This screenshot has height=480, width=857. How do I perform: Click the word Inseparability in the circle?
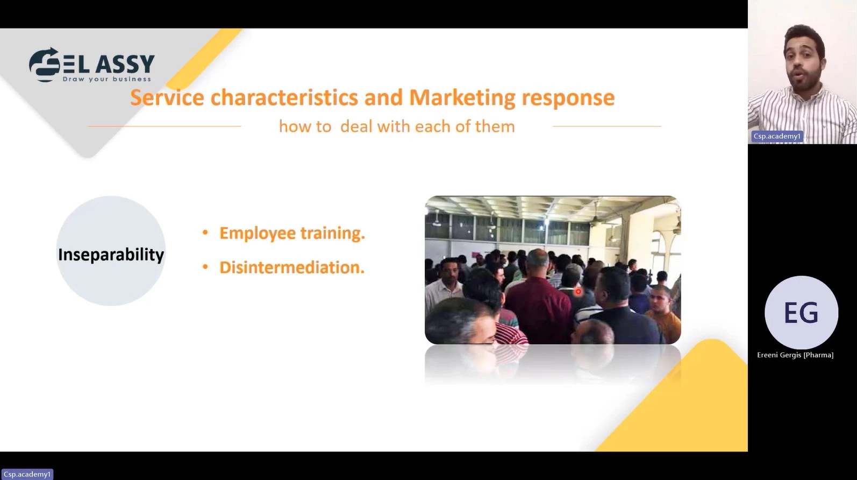[111, 255]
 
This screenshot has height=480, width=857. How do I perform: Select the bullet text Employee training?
[292, 234]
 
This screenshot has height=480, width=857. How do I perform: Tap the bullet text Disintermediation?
[292, 267]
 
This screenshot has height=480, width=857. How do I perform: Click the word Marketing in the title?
[462, 97]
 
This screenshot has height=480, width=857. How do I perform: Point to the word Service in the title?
[167, 97]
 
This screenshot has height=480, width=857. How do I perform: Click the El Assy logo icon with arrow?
[45, 65]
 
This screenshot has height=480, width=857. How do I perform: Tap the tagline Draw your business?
[107, 79]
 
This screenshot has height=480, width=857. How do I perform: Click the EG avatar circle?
[801, 312]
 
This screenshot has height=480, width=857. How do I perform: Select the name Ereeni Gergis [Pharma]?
[795, 355]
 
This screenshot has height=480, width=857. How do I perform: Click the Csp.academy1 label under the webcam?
[777, 136]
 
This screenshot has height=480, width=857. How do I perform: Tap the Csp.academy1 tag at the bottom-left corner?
[27, 474]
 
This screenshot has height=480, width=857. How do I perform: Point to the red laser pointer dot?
[578, 292]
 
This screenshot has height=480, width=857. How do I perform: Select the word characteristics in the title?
[284, 97]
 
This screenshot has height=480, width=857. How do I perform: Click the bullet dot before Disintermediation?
[205, 267]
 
